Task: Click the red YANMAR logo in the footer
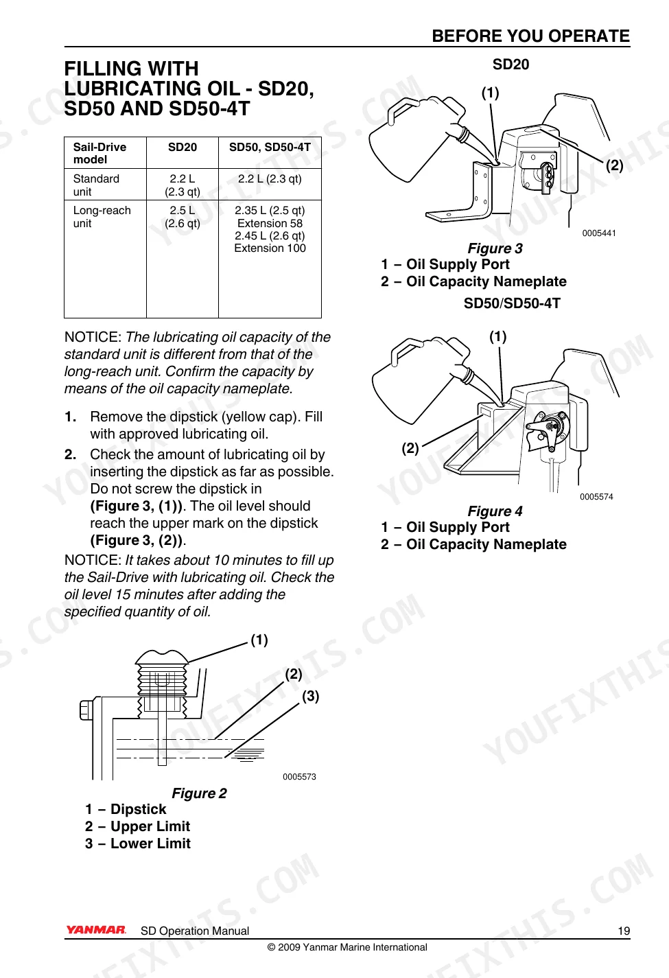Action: click(x=95, y=929)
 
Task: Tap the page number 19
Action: click(x=624, y=931)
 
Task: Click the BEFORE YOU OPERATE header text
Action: click(x=530, y=36)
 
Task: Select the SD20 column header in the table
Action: click(x=183, y=147)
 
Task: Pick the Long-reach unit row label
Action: click(x=102, y=217)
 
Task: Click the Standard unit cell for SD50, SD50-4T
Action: click(x=270, y=178)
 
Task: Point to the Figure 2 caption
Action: click(x=200, y=793)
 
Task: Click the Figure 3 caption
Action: click(x=495, y=248)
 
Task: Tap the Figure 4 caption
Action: click(x=495, y=511)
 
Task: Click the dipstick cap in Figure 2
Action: click(x=162, y=657)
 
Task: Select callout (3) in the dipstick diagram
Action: click(x=310, y=695)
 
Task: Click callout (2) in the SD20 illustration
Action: click(x=614, y=165)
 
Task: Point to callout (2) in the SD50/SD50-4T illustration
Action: click(x=410, y=448)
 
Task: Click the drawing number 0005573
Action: click(x=299, y=777)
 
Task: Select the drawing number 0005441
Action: click(x=599, y=233)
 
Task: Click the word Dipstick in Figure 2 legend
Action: click(x=139, y=809)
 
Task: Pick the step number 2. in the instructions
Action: click(x=70, y=454)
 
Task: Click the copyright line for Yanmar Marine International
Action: click(x=347, y=947)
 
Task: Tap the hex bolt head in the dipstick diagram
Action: click(x=86, y=710)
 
